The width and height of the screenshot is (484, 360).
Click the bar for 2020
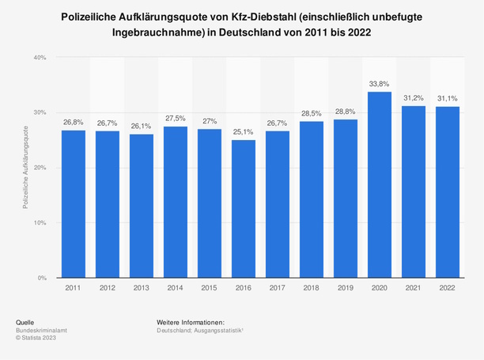pos(380,185)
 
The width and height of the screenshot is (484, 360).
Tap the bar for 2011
pos(74,204)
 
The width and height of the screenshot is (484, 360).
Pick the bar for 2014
pos(176,203)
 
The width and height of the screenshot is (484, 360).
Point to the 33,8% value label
pos(380,83)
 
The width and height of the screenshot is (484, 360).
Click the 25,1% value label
pos(244,131)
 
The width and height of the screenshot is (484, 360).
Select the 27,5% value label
pos(176,118)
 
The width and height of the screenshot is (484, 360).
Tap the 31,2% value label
pos(414,97)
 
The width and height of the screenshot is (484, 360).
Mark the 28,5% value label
pos(312,112)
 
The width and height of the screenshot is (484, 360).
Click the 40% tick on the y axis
pos(40,58)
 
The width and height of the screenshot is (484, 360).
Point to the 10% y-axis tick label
pos(40,223)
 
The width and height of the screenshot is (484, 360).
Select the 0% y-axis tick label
pos(41,279)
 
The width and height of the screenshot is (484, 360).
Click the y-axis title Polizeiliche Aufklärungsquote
pos(27,168)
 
